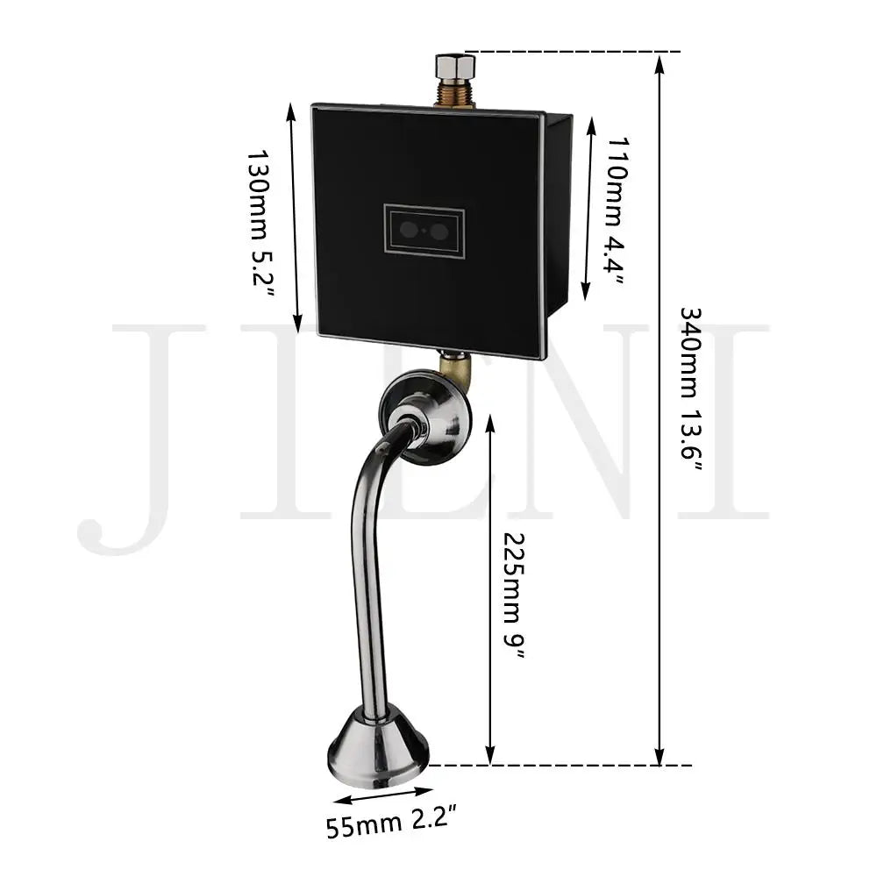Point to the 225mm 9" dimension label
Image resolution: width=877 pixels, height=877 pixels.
click(x=514, y=595)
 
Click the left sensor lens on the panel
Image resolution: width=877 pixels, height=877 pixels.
click(x=409, y=230)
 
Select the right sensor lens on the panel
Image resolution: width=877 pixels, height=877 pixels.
click(x=439, y=231)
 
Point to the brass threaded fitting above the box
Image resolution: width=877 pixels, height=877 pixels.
click(x=455, y=93)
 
